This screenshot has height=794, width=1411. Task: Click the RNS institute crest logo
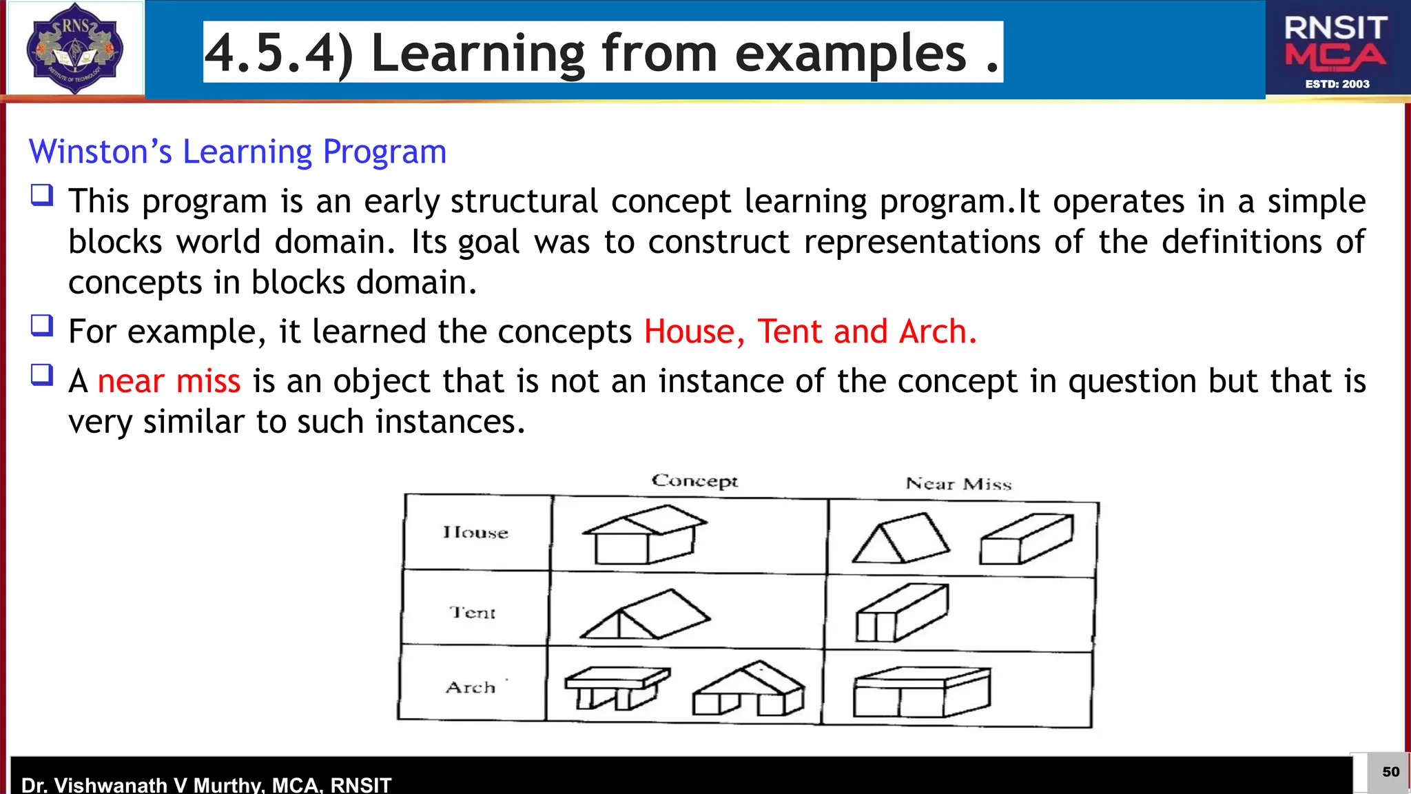(x=74, y=48)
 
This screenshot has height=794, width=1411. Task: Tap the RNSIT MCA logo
(x=1337, y=50)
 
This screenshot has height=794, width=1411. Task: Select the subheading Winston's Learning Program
(x=238, y=152)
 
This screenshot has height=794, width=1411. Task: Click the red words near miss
(x=169, y=381)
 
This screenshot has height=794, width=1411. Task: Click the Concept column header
(x=694, y=480)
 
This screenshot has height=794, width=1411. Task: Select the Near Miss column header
(x=958, y=484)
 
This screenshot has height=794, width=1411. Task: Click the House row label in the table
(x=475, y=532)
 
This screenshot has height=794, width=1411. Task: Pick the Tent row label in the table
(x=473, y=612)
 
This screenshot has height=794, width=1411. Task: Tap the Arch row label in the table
(x=471, y=687)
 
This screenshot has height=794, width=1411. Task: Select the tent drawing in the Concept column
(x=645, y=614)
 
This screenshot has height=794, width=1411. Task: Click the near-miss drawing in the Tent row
(x=902, y=613)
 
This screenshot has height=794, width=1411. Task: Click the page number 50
(x=1390, y=772)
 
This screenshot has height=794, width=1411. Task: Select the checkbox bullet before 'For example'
(x=42, y=325)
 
